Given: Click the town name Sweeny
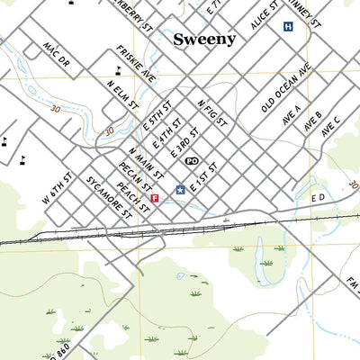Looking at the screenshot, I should point(204,39).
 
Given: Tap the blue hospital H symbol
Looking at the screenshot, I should point(288,27).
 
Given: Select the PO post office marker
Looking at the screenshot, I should point(191,160).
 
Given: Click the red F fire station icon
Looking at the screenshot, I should point(155,197).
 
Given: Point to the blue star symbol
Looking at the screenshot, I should point(180,190).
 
